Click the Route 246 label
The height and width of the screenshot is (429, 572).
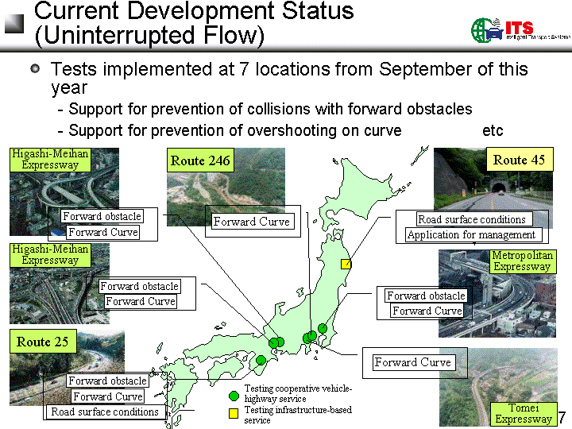(200, 160)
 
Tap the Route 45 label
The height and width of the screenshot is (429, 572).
(520, 160)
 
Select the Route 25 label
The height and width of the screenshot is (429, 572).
(43, 342)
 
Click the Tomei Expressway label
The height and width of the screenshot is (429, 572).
(524, 413)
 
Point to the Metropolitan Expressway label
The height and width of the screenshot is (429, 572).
(523, 261)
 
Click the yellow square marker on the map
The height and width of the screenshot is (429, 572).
(346, 264)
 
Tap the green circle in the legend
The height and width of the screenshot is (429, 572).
(234, 396)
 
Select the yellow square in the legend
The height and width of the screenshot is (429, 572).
(234, 413)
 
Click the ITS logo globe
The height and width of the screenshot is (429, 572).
(481, 30)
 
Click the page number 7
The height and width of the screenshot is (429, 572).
(562, 417)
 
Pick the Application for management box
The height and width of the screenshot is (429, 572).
(472, 234)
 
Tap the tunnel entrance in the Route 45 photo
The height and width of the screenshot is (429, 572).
(499, 187)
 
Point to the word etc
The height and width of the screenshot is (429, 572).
(493, 130)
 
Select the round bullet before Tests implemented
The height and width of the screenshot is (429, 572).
(35, 68)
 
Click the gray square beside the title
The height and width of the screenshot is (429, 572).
(14, 24)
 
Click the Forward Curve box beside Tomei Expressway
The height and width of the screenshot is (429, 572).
(414, 362)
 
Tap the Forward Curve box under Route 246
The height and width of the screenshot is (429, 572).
(252, 222)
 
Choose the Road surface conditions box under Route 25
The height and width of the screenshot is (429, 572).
(105, 412)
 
